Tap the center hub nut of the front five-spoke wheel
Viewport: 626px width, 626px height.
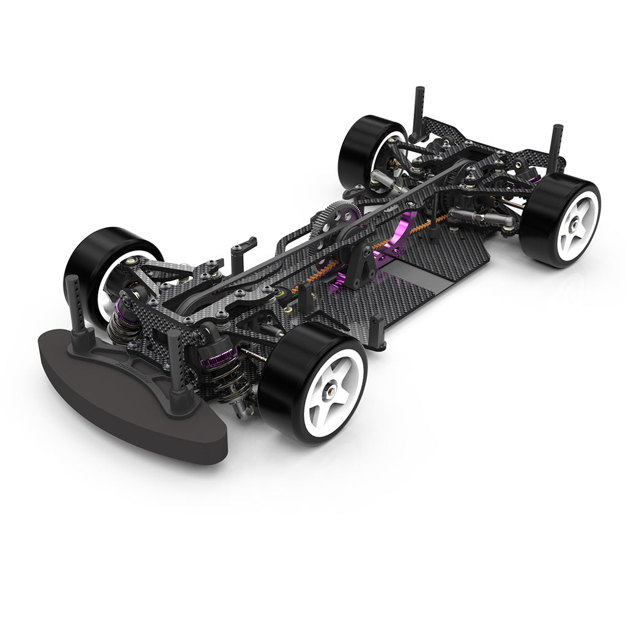pos(333,389)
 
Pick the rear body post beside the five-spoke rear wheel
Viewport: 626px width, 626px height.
pos(556,147)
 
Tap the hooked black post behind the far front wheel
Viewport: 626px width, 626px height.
pos(241,248)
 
